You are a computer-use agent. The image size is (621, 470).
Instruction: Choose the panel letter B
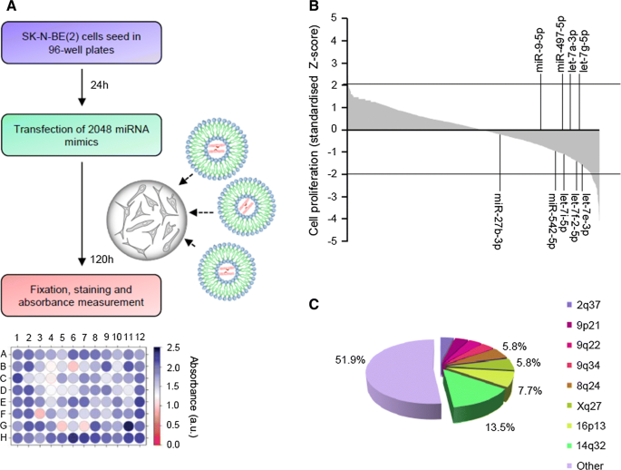click(313, 7)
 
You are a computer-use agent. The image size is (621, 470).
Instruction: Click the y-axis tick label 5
click(335, 17)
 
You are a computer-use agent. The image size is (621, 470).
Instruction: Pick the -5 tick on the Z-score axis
click(332, 240)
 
